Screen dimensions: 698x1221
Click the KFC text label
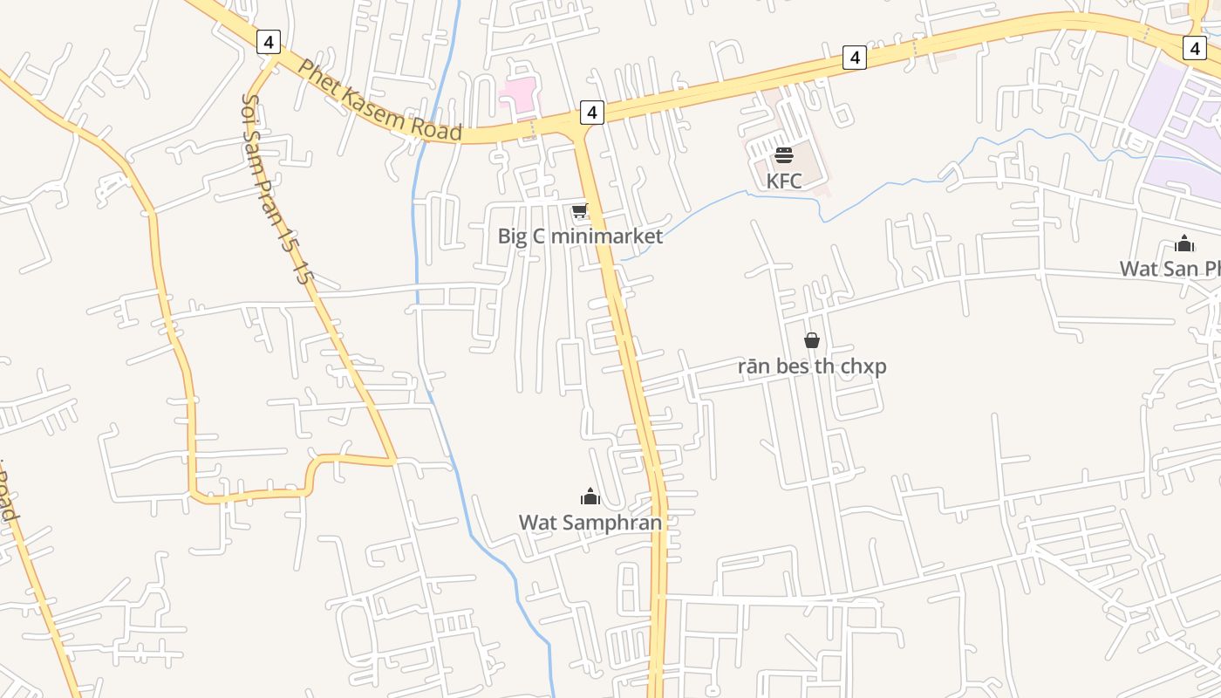pos(783,181)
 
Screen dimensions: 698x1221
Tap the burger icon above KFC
pos(783,155)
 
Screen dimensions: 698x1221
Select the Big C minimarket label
pos(580,236)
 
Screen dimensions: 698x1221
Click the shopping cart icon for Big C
pos(579,211)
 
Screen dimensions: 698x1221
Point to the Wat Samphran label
pos(590,522)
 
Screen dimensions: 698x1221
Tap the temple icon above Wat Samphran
pos(590,497)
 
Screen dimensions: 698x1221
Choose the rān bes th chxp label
pos(812,366)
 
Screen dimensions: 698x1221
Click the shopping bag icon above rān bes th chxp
pos(812,340)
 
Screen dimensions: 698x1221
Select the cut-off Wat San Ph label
pos(1170,268)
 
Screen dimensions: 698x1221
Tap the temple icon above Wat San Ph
pos(1183,243)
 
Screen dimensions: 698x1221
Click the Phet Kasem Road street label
pos(379,100)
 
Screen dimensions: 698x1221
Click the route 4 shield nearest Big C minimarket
pos(591,112)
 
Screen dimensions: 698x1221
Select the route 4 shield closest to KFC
pos(855,58)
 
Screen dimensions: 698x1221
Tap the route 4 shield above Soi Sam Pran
pos(269,41)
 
